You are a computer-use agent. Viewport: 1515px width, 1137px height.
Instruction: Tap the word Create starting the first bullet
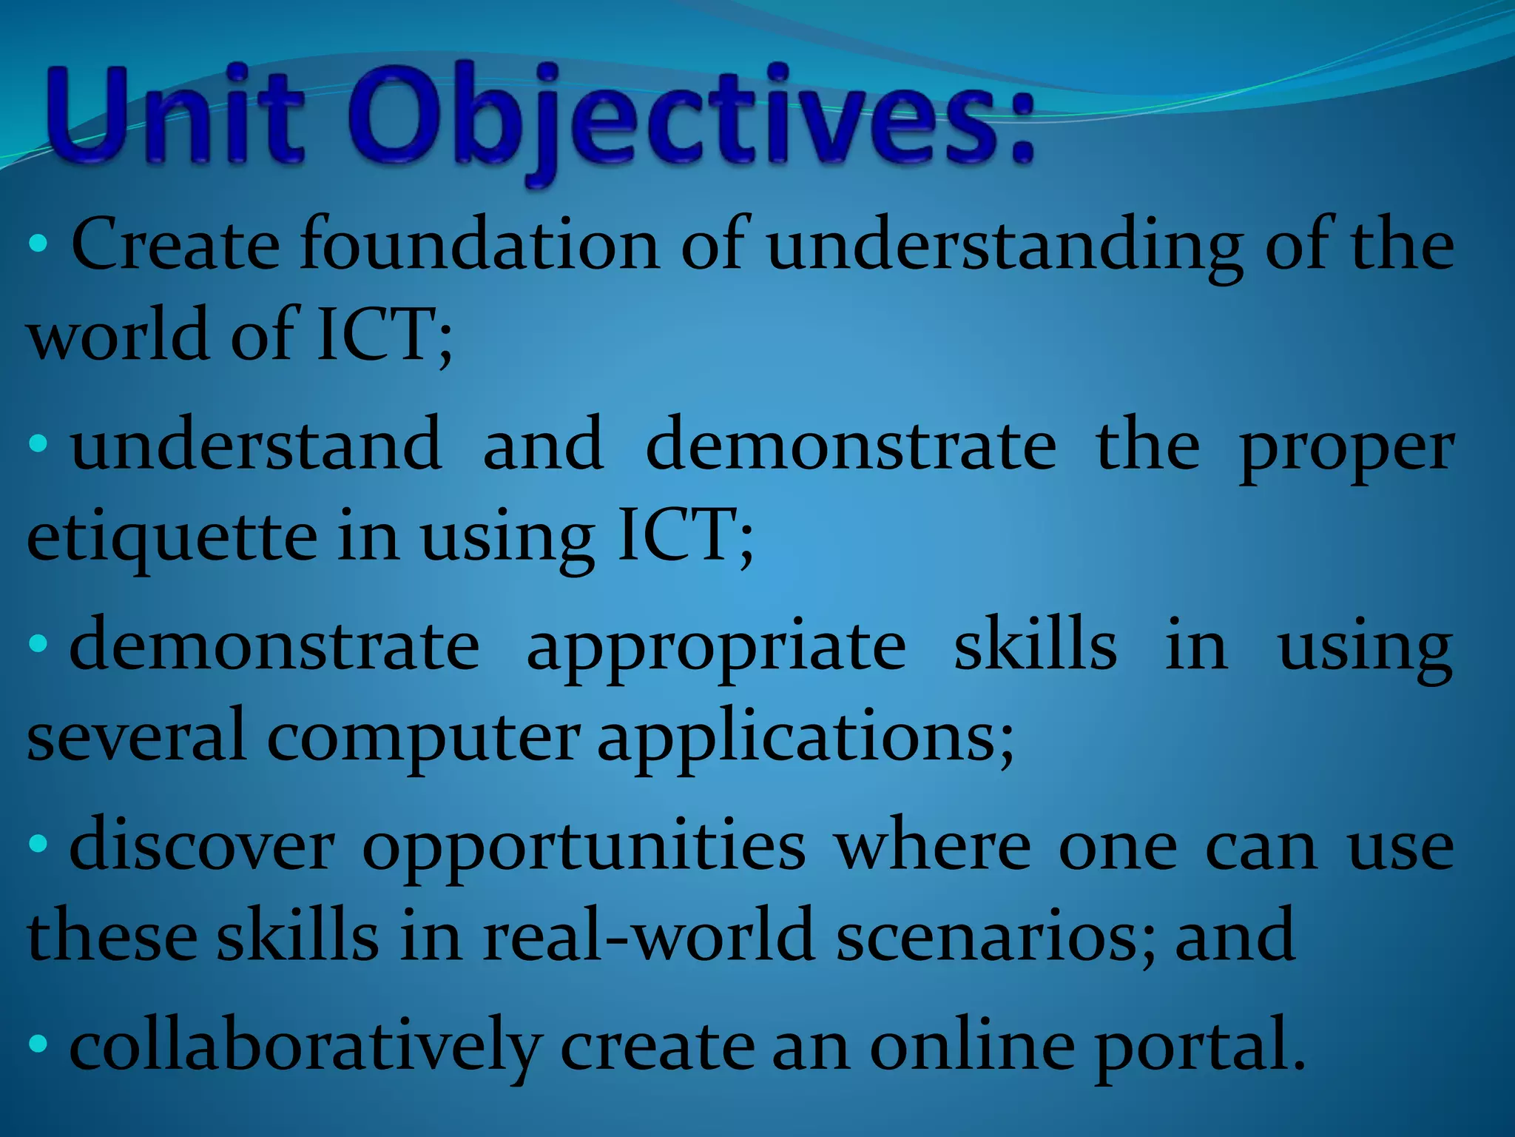tap(175, 244)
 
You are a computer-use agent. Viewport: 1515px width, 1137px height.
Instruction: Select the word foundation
tap(479, 244)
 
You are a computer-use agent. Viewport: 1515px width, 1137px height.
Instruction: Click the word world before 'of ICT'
tap(118, 335)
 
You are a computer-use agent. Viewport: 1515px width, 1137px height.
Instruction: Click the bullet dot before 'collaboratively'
tap(38, 1044)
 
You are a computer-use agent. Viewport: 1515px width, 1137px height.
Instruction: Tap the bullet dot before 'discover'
tap(38, 843)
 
